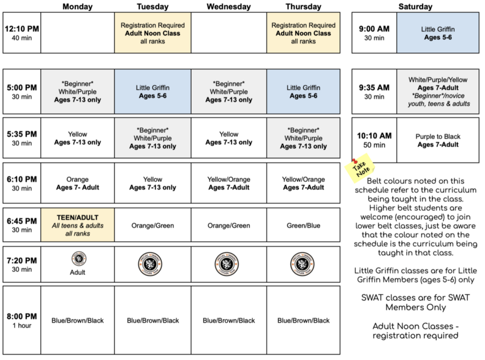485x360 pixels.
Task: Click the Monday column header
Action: [78, 7]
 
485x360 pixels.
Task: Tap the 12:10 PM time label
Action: [22, 29]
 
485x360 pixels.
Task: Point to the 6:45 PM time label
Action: [22, 220]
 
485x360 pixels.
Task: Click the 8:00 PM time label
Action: [22, 316]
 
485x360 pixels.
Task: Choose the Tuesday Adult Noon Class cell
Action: [152, 33]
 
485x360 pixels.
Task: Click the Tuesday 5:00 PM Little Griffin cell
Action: [152, 91]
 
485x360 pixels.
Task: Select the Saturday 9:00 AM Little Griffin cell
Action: [437, 32]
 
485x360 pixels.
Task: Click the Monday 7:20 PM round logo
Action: [78, 258]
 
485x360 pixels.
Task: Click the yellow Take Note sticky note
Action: [359, 170]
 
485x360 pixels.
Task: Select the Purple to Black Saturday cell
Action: [437, 140]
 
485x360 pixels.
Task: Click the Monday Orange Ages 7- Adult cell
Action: [78, 183]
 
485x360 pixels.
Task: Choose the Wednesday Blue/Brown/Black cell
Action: [228, 320]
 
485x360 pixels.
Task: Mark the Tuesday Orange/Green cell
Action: [152, 225]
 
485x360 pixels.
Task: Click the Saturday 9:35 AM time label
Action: [374, 91]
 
